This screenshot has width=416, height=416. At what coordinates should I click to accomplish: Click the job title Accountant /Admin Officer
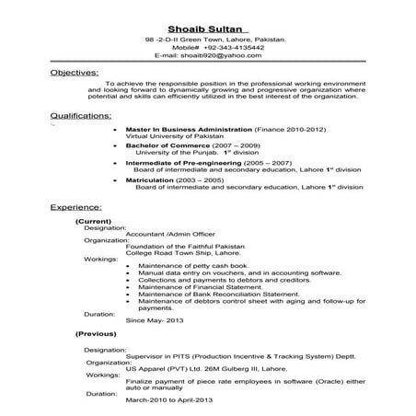pos(170,237)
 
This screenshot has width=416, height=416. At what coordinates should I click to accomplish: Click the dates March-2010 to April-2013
pos(175,399)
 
